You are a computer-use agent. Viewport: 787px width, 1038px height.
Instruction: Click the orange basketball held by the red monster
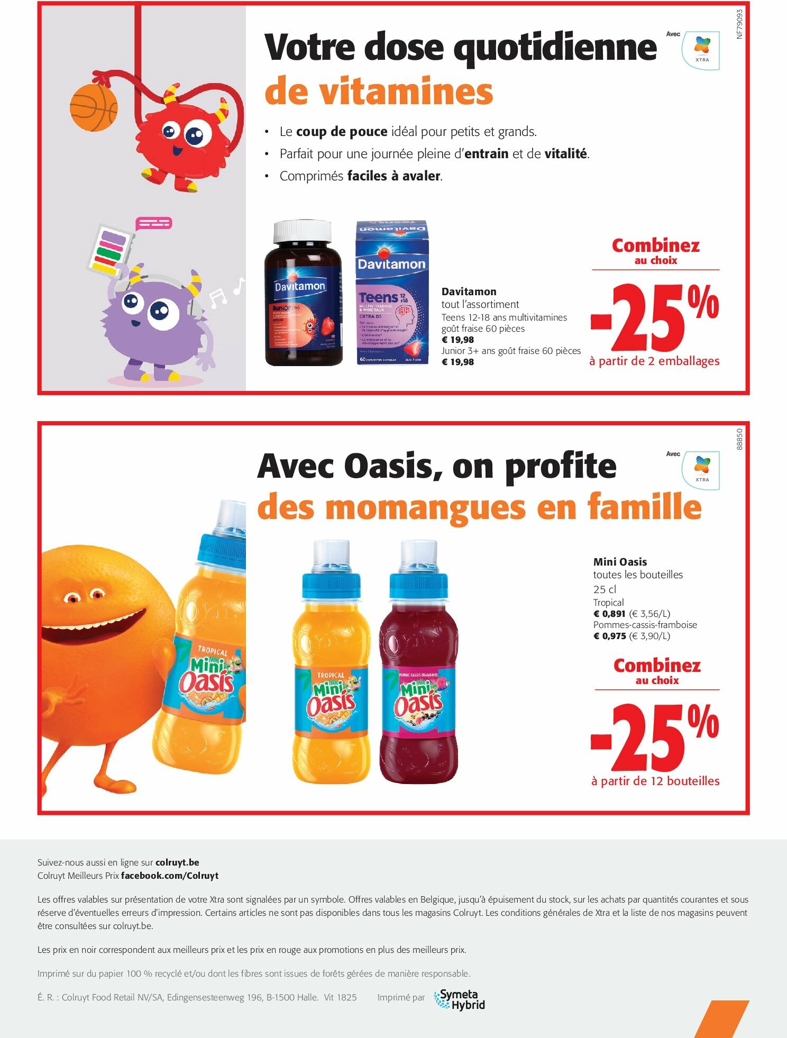tap(94, 107)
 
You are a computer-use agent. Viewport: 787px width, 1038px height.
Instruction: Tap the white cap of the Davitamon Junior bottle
tap(302, 230)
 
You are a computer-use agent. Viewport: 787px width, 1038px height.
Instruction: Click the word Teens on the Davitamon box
tap(378, 297)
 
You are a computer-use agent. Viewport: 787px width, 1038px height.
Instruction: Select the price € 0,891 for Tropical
tap(609, 614)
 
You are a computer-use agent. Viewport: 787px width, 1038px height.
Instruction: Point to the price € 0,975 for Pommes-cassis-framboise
tap(609, 636)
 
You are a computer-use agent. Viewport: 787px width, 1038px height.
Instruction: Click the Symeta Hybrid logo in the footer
tap(459, 999)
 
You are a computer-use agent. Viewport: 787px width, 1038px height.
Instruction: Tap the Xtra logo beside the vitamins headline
tap(701, 50)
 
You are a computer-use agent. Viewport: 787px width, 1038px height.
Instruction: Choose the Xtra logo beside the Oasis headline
tap(701, 470)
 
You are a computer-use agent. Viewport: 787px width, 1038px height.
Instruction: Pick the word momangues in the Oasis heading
tap(426, 507)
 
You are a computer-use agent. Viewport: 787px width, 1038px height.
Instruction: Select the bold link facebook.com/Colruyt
tap(170, 876)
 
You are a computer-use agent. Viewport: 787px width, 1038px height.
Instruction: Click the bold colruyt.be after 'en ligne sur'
tap(177, 862)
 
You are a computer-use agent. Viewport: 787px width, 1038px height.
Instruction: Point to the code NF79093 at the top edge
tap(739, 24)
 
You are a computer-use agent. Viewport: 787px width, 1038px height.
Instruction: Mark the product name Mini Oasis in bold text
tap(620, 562)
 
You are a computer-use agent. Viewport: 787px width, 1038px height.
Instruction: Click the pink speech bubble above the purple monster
tap(154, 223)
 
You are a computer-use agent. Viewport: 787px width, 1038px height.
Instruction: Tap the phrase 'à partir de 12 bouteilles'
tap(655, 781)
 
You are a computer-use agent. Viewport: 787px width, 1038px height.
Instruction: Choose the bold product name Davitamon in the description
tap(469, 292)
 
